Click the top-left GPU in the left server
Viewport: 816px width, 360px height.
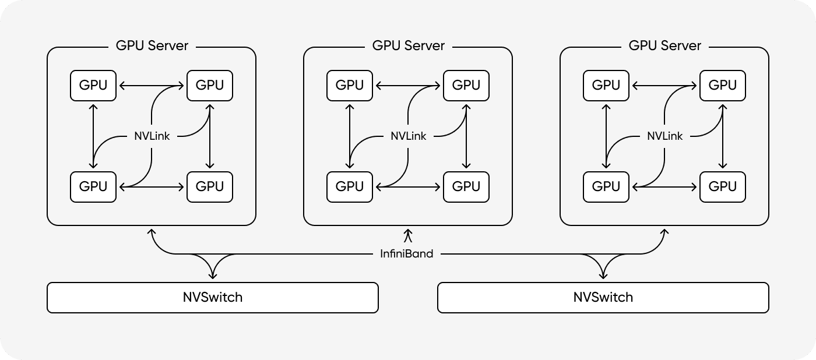pos(93,85)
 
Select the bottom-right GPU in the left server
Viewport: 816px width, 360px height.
pos(209,186)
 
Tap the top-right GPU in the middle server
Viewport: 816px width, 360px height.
pos(466,85)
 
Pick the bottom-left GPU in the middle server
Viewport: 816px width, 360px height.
pos(350,186)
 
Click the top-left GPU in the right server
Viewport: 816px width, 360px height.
pos(606,85)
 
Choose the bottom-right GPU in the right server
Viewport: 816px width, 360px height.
pos(722,186)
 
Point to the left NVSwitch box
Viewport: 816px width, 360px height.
pos(212,298)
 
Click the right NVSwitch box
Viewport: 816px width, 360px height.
pos(603,298)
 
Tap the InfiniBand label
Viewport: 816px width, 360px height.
pos(407,254)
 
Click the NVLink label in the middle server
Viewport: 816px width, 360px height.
pos(408,136)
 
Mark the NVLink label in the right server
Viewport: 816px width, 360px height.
pos(664,136)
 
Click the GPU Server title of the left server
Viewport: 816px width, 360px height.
pos(152,45)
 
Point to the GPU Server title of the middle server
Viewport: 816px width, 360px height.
pos(408,45)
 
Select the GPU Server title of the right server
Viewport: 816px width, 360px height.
pos(664,45)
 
